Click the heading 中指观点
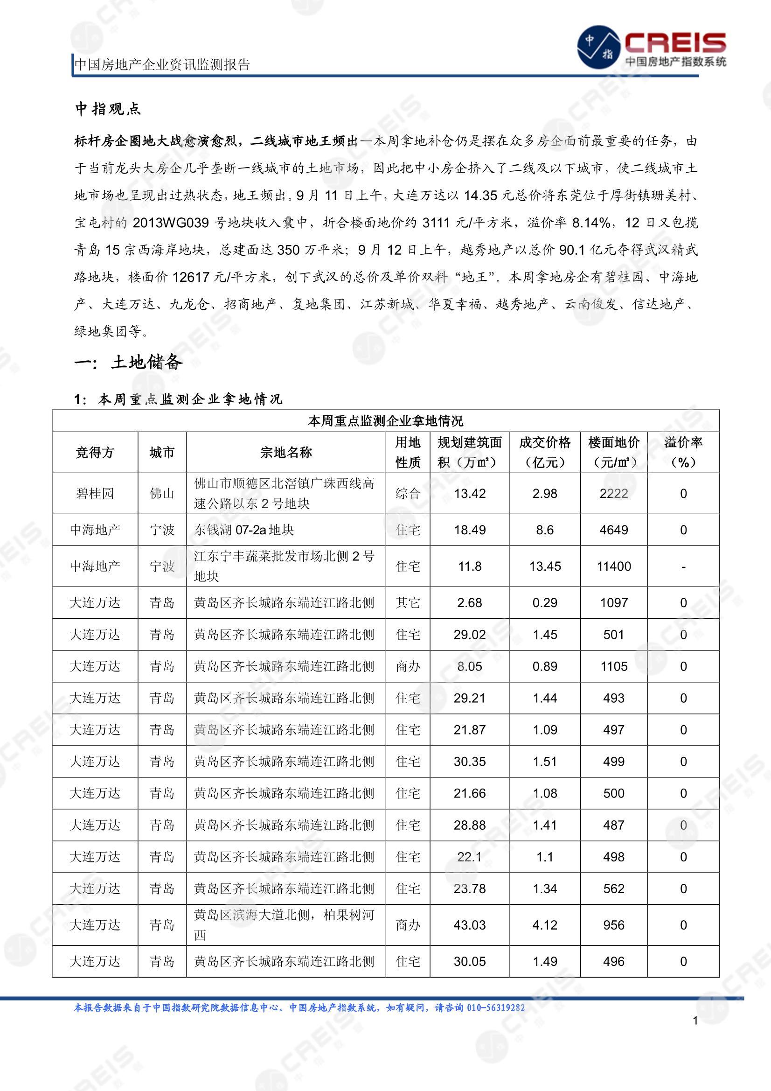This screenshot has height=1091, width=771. click(x=108, y=109)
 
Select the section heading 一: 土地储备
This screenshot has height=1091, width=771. click(x=128, y=363)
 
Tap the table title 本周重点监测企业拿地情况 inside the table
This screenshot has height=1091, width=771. click(x=385, y=421)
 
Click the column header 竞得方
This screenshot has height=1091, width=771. click(x=95, y=452)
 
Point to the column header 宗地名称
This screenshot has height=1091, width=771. click(x=286, y=452)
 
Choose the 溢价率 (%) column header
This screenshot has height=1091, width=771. click(x=683, y=452)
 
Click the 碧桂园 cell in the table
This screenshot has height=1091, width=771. click(x=95, y=494)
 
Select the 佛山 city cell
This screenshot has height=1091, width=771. click(x=162, y=494)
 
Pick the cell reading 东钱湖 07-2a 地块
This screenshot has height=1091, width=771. click(x=244, y=530)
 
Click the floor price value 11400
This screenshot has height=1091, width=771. click(x=614, y=566)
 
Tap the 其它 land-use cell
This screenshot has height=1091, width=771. click(x=408, y=602)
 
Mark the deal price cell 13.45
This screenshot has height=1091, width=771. click(x=545, y=566)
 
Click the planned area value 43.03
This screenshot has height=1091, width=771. click(x=469, y=925)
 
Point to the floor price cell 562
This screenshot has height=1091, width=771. click(x=614, y=888)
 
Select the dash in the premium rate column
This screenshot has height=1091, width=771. click(x=683, y=566)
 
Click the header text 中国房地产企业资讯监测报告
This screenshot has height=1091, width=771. click(x=162, y=64)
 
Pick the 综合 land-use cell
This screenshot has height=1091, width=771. click(x=408, y=494)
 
